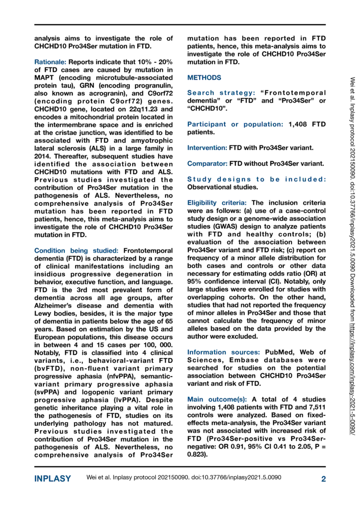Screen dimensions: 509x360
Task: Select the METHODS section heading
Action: click(205, 77)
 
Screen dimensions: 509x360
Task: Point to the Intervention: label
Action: click(207, 148)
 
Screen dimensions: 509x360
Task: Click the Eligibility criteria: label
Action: click(217, 203)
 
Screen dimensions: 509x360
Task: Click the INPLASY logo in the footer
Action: click(52, 479)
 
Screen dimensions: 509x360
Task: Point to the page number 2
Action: click(323, 479)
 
